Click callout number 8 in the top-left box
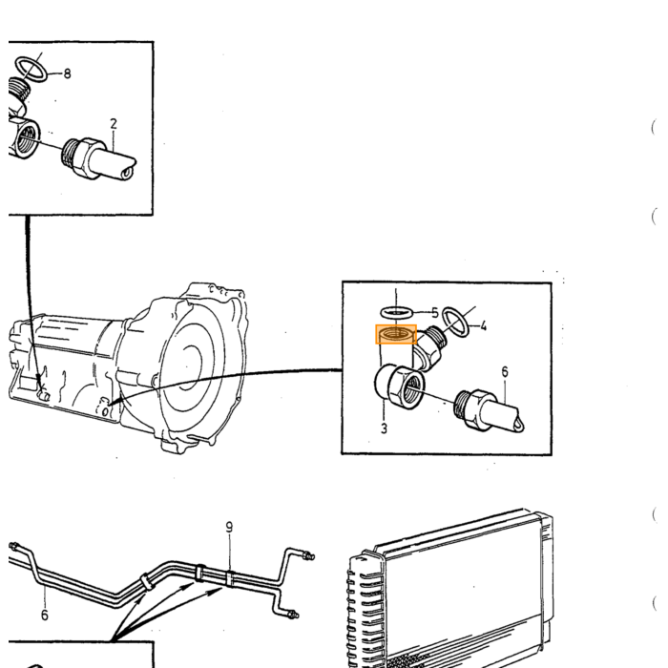pos(67,73)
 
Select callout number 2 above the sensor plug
pos(114,124)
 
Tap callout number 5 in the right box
pos(434,313)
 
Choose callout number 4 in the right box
pos(483,326)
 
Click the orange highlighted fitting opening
pos(396,334)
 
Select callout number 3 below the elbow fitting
pos(384,428)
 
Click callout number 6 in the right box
pos(505,372)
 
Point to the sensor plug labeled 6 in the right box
pos(489,410)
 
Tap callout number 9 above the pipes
pos(229,528)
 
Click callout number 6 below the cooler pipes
pos(45,616)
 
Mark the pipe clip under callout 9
pos(229,579)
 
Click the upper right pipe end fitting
pos(308,556)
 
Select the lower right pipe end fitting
pos(292,615)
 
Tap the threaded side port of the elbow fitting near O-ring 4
pos(436,336)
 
